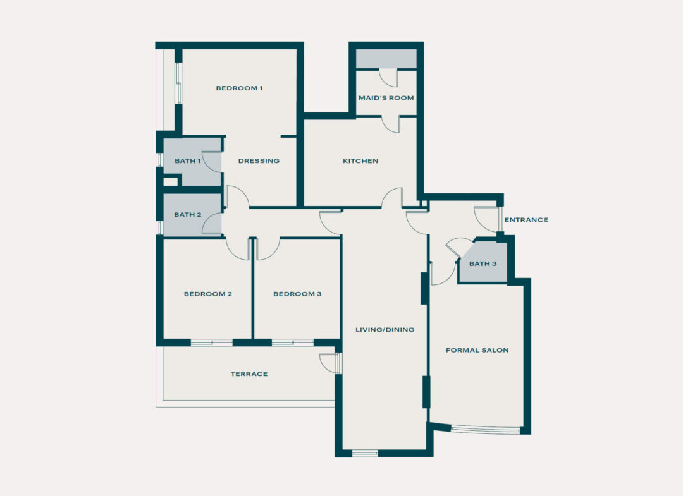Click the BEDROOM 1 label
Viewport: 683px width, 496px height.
click(239, 88)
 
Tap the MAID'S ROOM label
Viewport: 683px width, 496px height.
click(386, 98)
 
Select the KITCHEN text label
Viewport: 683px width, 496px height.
click(360, 161)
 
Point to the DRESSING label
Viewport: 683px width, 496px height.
click(259, 161)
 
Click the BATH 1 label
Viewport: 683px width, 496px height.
click(187, 161)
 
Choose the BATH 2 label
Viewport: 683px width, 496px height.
click(187, 215)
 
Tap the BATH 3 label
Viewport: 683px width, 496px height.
click(483, 263)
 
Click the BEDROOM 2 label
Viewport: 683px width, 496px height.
click(208, 294)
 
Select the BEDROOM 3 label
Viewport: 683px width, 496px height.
click(297, 294)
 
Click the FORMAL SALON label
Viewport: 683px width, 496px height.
click(477, 350)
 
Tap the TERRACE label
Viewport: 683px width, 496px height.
click(249, 374)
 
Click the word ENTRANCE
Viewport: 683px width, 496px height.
click(526, 220)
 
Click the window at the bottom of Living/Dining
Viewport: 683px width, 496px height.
click(365, 452)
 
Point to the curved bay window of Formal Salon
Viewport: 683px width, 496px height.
click(485, 430)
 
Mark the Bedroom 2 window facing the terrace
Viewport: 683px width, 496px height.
click(211, 342)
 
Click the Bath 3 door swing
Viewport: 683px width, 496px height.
click(459, 247)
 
